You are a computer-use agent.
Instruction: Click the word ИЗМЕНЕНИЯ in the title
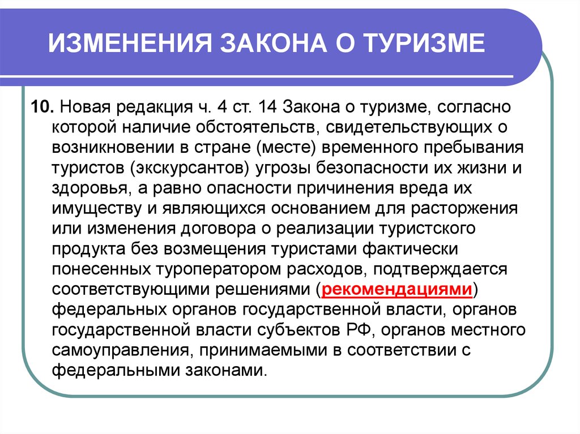(130, 43)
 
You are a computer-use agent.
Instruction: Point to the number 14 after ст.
(268, 107)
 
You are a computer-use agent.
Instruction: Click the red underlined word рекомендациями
(397, 289)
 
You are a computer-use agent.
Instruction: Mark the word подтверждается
(440, 269)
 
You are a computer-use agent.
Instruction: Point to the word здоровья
(92, 188)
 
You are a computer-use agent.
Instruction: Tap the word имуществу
(96, 208)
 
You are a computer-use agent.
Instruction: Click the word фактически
(410, 249)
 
